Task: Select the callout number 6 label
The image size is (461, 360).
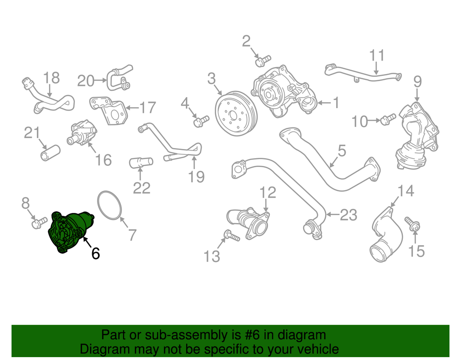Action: (x=96, y=253)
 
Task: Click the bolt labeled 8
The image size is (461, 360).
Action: (x=38, y=223)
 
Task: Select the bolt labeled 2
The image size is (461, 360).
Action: (x=261, y=61)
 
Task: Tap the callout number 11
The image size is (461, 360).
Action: (x=377, y=55)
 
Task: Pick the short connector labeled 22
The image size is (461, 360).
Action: (x=141, y=163)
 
